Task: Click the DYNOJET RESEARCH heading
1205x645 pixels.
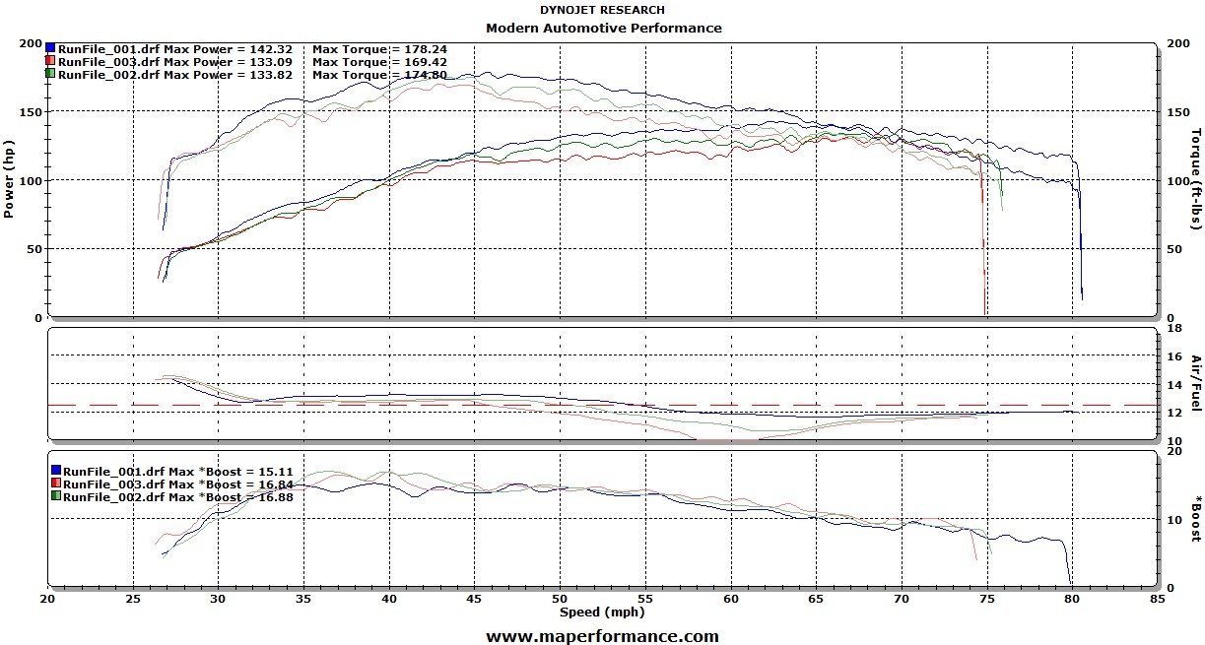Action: click(x=602, y=10)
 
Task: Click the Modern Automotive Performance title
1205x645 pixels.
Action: click(x=603, y=29)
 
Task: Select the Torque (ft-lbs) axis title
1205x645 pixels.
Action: click(x=1196, y=179)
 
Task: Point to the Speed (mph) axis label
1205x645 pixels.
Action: click(x=601, y=612)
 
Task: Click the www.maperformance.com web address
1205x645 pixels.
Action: click(x=602, y=636)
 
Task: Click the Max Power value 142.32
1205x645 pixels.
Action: click(x=283, y=48)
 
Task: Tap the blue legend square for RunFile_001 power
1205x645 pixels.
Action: click(x=50, y=47)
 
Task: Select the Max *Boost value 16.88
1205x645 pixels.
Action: click(x=274, y=496)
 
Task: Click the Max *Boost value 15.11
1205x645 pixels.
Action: click(x=274, y=471)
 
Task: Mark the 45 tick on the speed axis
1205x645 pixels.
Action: click(x=475, y=598)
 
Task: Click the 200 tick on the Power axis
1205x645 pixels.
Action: click(x=31, y=44)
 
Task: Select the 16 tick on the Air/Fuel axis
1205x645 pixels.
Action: click(x=1172, y=355)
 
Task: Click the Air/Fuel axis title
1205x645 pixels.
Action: click(x=1196, y=383)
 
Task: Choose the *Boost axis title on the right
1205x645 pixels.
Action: click(x=1196, y=519)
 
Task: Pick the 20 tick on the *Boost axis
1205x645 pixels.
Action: click(x=1172, y=451)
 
